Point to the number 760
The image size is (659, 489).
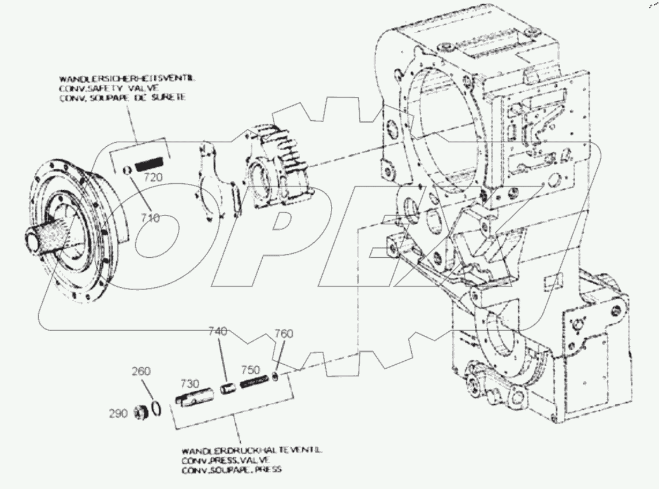pos(284,334)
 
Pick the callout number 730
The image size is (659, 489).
pos(189,384)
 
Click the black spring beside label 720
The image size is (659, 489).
pos(151,165)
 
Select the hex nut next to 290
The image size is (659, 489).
pos(139,413)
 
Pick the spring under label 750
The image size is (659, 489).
pos(255,383)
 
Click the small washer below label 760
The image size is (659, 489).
pos(277,377)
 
